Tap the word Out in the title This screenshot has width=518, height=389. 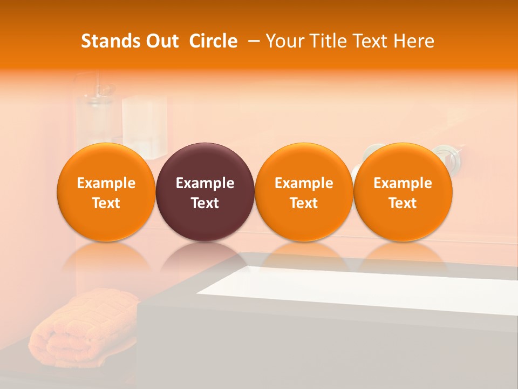[160, 41]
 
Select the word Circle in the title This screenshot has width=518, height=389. [213, 41]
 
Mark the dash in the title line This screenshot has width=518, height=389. [254, 41]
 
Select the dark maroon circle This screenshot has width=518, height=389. [205, 192]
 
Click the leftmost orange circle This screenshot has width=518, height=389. [106, 192]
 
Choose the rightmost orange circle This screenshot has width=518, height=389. [403, 192]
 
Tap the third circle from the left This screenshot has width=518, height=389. [304, 192]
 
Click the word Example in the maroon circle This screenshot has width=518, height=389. [205, 183]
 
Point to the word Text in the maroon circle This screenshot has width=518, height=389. [205, 203]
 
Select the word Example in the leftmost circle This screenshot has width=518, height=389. [106, 183]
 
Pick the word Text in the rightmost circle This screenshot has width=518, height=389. [403, 203]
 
